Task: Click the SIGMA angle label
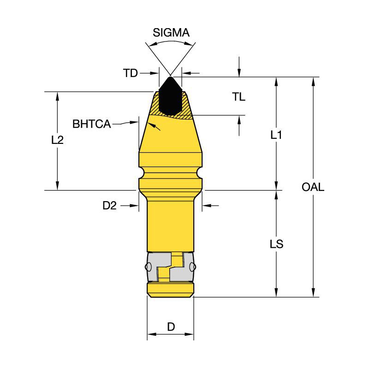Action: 171,33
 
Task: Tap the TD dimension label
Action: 131,73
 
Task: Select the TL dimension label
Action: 238,97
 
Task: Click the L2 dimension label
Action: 57,140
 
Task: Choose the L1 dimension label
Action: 276,135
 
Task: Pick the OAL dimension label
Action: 313,187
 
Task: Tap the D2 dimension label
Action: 109,206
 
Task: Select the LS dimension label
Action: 276,244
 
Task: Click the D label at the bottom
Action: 171,327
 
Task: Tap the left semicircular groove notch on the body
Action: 142,174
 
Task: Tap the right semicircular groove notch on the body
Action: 199,174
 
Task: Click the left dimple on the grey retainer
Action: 149,267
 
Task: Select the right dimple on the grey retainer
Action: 192,267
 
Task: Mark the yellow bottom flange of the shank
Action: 170,289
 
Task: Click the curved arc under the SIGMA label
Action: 170,42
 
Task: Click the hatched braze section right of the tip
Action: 186,108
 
